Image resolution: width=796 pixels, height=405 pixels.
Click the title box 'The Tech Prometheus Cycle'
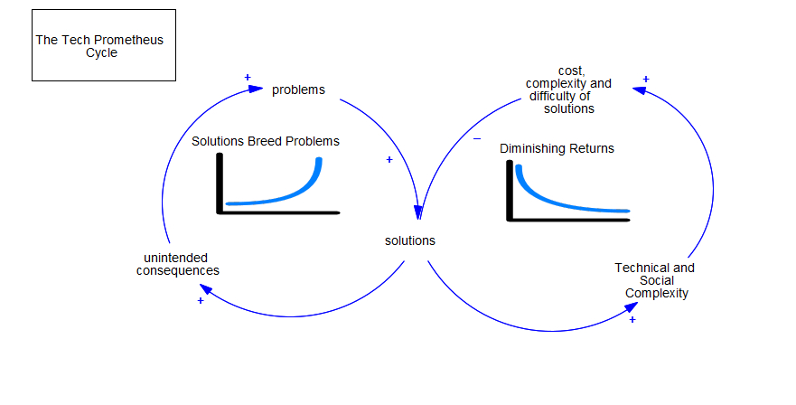point(104,45)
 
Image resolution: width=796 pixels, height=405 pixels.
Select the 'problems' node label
point(298,89)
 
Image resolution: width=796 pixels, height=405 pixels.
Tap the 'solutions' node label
point(409,240)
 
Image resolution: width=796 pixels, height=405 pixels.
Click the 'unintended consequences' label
point(178,264)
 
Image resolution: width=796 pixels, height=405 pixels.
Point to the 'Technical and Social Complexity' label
point(655,280)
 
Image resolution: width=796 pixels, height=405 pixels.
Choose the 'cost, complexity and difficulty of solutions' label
point(568,89)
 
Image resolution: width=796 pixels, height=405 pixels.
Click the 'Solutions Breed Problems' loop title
point(266,141)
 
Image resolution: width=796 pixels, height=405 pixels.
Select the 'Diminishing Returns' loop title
point(557,148)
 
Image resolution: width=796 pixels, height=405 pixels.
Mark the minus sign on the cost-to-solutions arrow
point(477,138)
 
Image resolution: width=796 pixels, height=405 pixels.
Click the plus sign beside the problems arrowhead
point(248,77)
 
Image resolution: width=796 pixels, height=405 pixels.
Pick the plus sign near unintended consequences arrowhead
point(201,301)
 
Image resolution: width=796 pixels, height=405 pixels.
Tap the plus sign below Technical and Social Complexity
point(632,320)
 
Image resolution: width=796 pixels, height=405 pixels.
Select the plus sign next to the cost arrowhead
point(646,80)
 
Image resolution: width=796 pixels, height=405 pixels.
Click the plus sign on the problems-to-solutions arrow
point(389,160)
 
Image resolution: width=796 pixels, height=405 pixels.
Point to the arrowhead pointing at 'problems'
point(256,89)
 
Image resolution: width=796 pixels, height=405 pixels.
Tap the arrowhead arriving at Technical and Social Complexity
point(631,307)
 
